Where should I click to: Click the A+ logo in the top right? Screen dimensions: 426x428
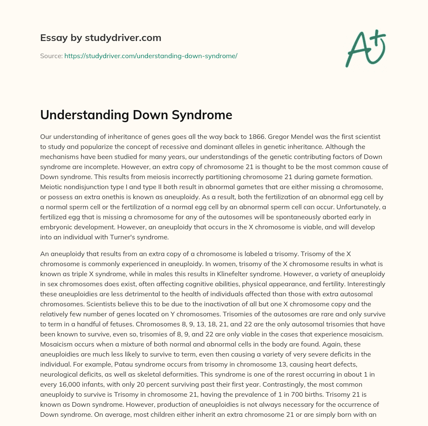pyautogui.click(x=365, y=48)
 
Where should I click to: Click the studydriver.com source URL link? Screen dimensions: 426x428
pyautogui.click(x=150, y=56)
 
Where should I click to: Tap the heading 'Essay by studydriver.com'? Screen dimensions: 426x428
pyautogui.click(x=100, y=38)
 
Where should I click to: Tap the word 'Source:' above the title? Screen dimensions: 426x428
pyautogui.click(x=51, y=56)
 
